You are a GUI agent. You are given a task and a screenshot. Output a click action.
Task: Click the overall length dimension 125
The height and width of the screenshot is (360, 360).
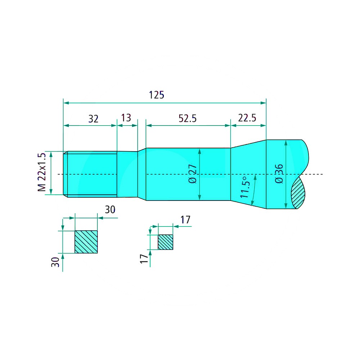click(157, 95)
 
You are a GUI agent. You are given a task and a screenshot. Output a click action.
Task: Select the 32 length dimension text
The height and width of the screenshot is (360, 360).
click(94, 119)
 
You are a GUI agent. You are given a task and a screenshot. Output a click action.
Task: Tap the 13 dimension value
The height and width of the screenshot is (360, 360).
click(126, 118)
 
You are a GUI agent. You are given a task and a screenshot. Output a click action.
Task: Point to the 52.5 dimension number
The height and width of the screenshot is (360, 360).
click(188, 118)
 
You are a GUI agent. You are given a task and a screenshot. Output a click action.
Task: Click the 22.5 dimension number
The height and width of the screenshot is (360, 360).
click(247, 118)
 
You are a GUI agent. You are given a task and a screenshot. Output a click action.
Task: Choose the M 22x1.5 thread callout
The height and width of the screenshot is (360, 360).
click(42, 172)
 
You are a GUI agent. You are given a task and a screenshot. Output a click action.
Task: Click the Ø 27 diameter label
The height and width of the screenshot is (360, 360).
click(193, 174)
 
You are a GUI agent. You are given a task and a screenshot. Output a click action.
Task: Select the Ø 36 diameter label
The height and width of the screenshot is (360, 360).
click(279, 174)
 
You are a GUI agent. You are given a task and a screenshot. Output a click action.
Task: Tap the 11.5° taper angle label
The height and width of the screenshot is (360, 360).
click(244, 187)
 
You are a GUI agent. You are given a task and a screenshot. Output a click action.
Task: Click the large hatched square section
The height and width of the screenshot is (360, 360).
click(86, 242)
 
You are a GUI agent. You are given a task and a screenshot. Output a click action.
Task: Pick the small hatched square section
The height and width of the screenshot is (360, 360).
click(165, 242)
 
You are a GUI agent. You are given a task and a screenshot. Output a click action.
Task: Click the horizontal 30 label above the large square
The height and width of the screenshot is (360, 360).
click(110, 210)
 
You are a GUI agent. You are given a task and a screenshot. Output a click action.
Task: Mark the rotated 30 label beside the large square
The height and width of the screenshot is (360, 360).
click(55, 262)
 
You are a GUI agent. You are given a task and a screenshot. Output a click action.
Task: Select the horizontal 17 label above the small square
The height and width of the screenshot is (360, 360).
click(185, 220)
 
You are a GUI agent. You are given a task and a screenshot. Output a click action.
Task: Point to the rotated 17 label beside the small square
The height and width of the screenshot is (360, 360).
click(144, 259)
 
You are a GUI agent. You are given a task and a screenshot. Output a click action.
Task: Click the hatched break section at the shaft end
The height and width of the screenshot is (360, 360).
click(298, 193)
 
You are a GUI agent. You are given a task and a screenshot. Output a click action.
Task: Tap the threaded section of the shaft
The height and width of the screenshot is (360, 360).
click(90, 174)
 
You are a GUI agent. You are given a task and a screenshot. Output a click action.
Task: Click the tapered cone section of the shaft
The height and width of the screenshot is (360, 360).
click(248, 174)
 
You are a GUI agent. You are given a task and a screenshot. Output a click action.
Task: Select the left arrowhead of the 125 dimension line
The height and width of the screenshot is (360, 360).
click(66, 103)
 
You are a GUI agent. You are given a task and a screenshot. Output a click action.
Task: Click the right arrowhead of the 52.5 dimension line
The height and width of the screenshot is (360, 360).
click(228, 125)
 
